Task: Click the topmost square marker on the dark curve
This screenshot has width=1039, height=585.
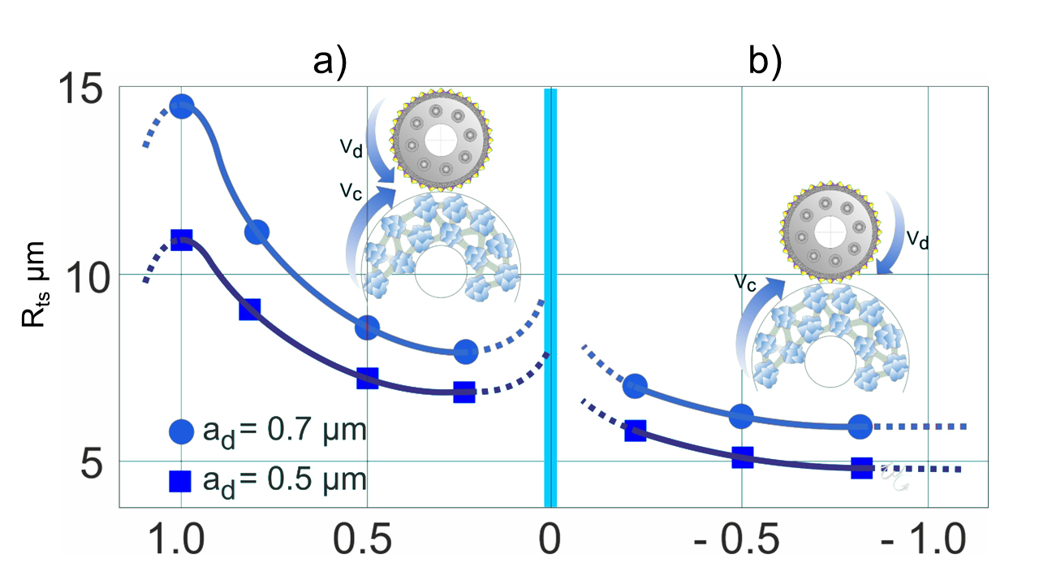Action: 181,240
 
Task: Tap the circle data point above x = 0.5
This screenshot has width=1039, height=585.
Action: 367,327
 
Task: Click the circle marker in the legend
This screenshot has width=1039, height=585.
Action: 181,431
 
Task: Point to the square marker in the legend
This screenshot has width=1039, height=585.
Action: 180,480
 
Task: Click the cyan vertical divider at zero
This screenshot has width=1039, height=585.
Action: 550,297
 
